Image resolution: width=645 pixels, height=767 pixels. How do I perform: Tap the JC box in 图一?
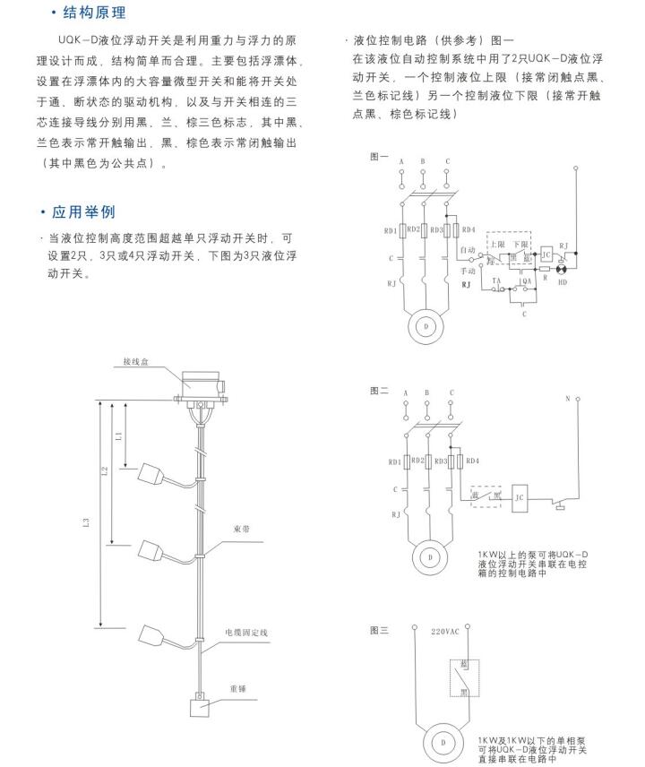[545, 254]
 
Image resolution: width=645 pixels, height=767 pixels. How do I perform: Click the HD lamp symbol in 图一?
[563, 269]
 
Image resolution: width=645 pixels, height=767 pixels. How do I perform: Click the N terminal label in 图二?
[568, 397]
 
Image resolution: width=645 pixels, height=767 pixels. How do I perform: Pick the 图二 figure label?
[379, 392]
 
